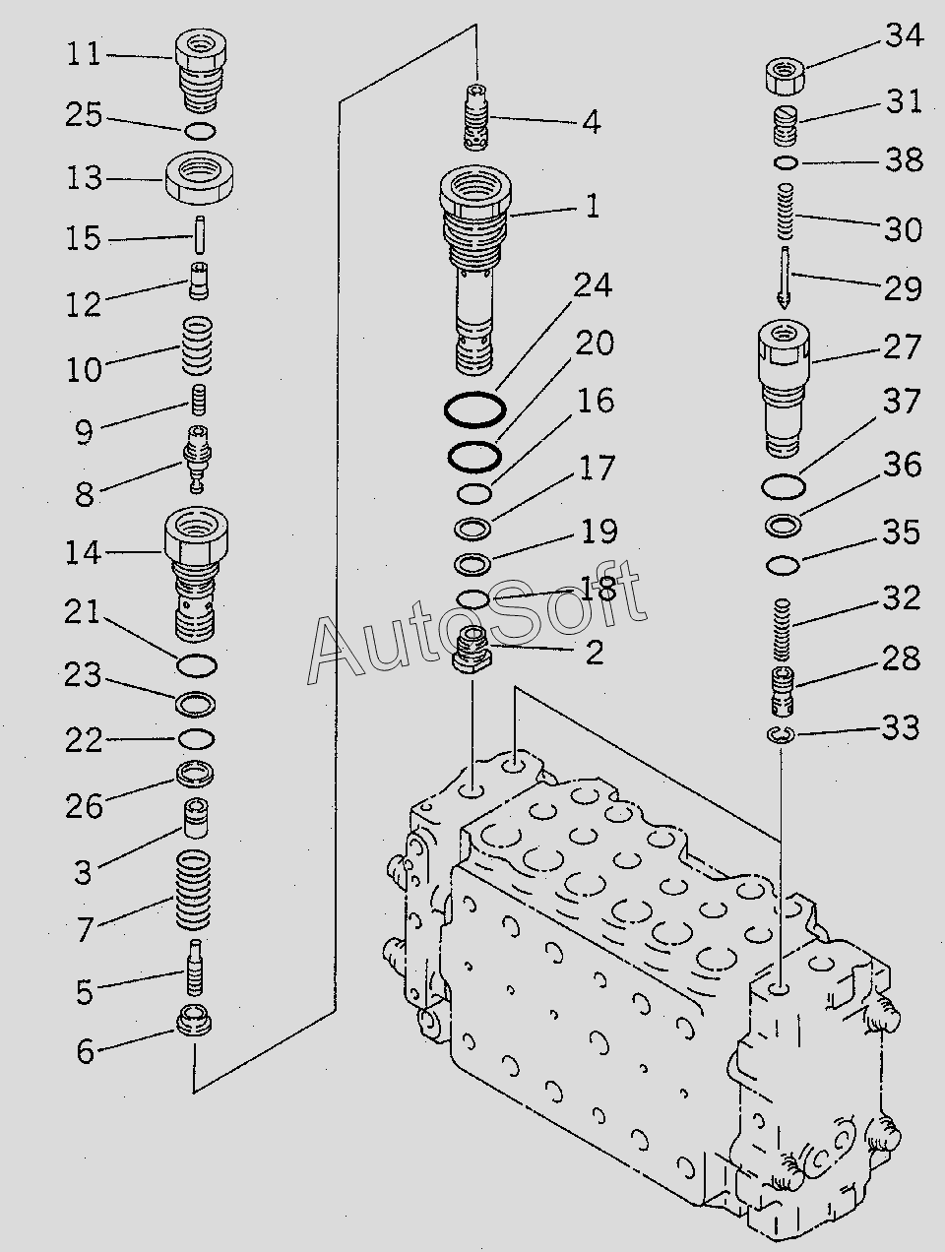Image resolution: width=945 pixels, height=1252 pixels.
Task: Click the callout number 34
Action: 903,36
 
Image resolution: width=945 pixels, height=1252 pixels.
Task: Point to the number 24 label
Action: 593,285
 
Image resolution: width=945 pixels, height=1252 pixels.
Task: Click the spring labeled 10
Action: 196,345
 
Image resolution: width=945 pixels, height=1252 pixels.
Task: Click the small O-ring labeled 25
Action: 198,130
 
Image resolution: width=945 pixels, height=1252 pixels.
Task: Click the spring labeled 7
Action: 194,892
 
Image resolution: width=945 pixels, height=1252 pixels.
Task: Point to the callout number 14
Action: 84,553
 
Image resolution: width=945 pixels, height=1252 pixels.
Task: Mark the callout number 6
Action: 86,1051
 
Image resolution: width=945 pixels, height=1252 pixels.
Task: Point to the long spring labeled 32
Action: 784,631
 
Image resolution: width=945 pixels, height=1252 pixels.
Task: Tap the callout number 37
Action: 901,402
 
